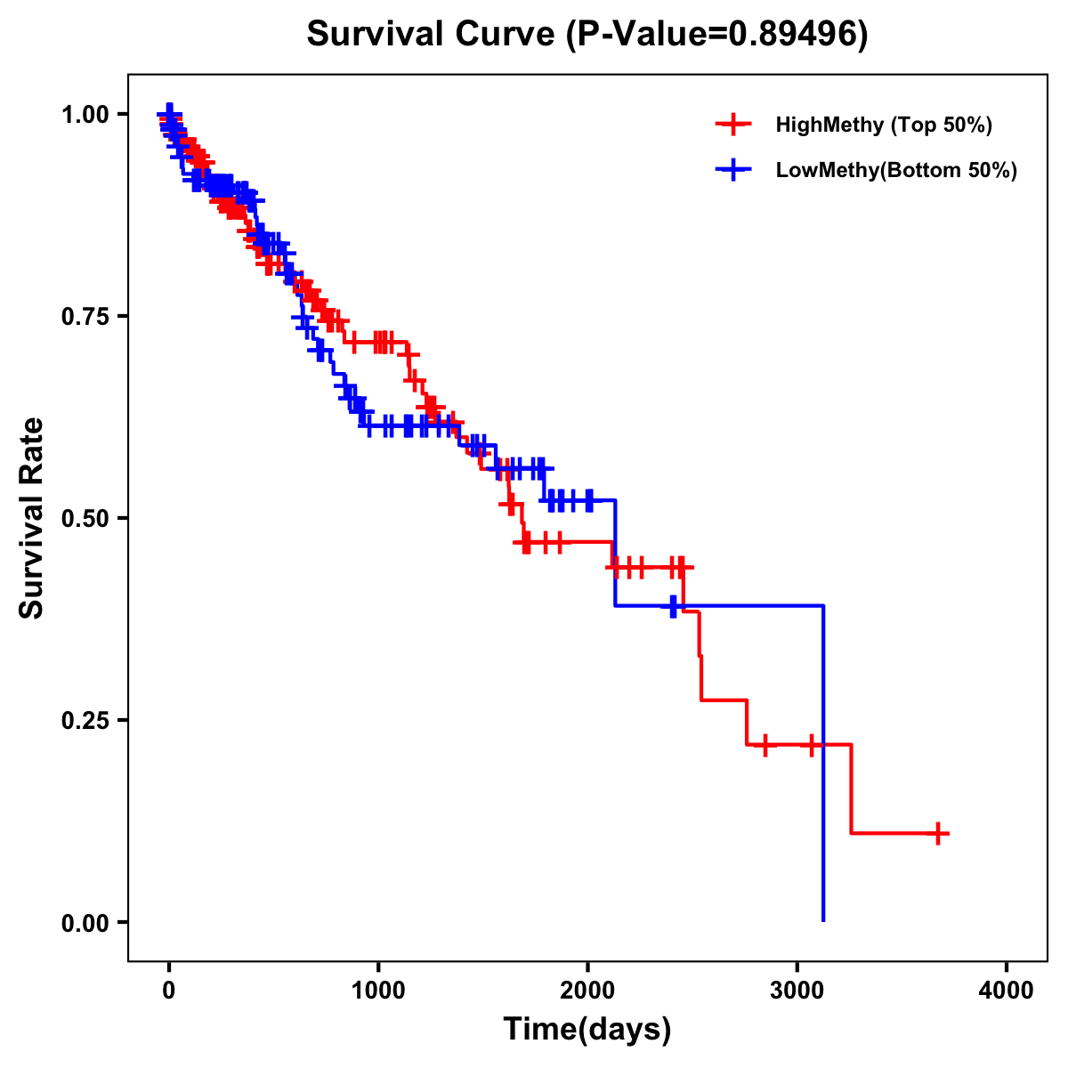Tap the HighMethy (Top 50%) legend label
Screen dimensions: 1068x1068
coord(883,125)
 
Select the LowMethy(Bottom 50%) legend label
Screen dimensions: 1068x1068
coord(895,170)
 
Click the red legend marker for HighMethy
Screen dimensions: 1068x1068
coord(733,125)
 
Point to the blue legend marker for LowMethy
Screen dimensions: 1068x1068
coord(733,170)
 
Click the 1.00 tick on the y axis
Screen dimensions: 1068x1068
coord(87,114)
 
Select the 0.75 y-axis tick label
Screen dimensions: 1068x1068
coord(87,316)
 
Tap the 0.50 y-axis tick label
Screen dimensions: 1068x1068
coord(87,518)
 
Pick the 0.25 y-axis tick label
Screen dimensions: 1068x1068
coord(87,720)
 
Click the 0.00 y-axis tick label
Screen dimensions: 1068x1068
coord(87,922)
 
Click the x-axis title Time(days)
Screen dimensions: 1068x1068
coord(587,1030)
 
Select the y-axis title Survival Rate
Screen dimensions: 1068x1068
coord(32,518)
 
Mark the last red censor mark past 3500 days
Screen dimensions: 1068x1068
coord(938,833)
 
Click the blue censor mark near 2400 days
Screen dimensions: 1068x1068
coord(674,606)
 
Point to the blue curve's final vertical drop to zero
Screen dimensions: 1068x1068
coord(823,765)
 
